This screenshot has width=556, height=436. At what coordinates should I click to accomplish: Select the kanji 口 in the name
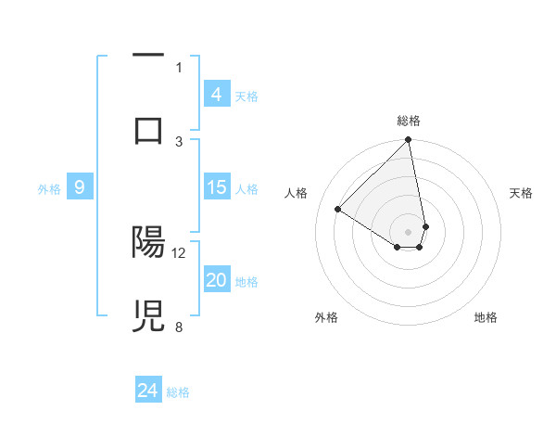click(148, 131)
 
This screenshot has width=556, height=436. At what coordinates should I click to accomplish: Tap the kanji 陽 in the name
click(148, 242)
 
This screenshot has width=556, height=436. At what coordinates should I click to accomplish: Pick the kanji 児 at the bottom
click(148, 316)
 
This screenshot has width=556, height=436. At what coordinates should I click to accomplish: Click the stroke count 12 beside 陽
click(179, 252)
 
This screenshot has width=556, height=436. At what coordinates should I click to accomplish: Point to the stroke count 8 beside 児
click(179, 327)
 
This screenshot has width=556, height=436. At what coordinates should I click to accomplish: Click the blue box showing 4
click(217, 95)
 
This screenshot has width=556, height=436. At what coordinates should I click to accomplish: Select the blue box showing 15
click(217, 187)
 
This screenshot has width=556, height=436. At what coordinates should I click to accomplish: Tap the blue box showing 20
click(217, 280)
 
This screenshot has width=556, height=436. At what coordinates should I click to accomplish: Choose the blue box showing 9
click(80, 187)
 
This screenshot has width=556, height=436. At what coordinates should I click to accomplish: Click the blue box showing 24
click(148, 391)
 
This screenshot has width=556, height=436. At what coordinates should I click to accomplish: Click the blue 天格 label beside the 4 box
click(246, 96)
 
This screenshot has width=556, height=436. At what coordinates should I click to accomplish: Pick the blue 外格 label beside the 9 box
click(49, 188)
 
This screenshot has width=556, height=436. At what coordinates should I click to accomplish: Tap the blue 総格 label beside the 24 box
click(178, 391)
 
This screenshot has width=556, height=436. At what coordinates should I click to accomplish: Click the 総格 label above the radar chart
click(409, 121)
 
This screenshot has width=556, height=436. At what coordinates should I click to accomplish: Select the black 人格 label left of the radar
click(297, 193)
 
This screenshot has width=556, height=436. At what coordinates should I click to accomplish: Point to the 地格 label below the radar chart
click(486, 317)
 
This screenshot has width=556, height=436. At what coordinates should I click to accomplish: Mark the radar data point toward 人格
click(338, 210)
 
